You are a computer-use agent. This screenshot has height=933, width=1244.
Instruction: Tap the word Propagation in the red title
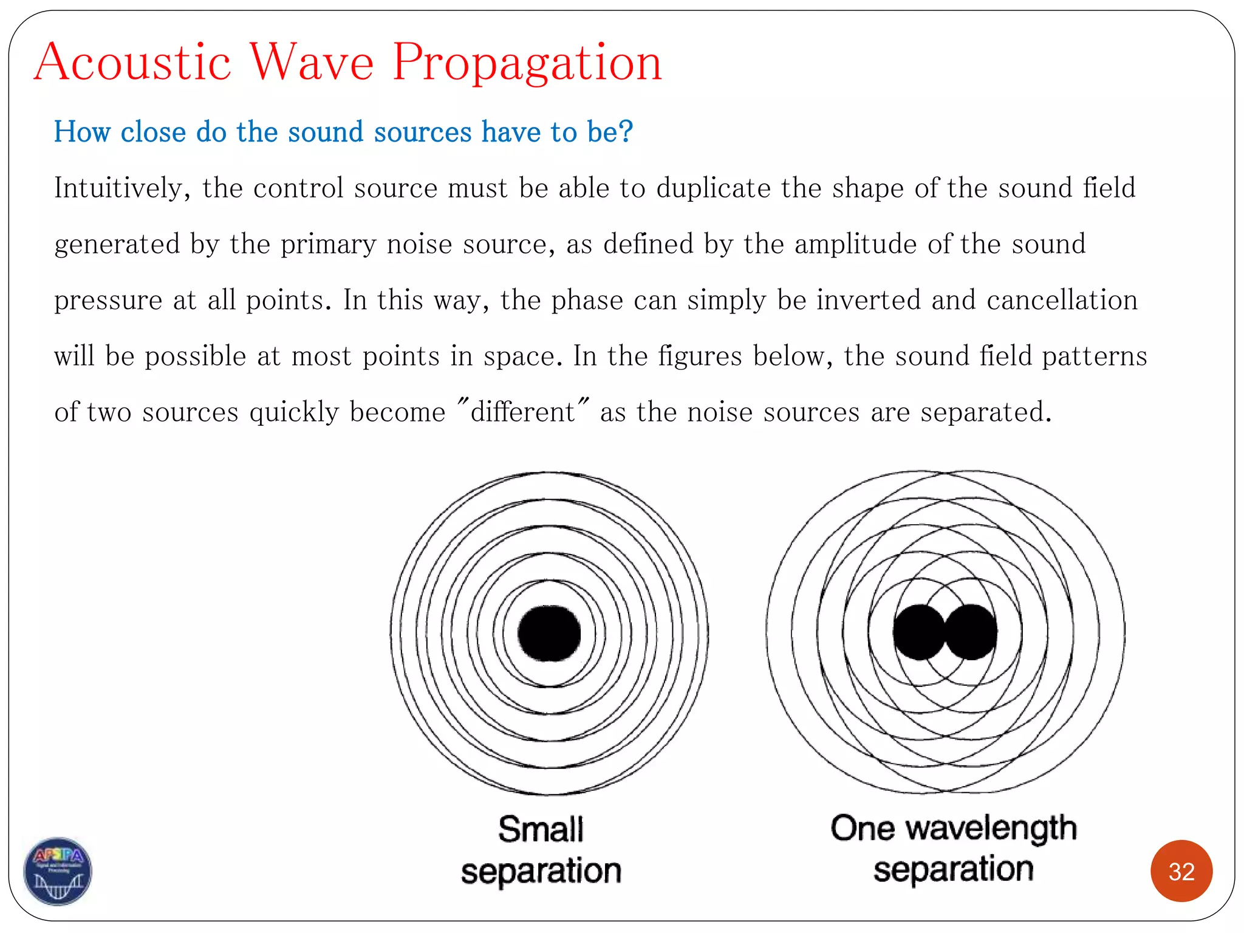[527, 63]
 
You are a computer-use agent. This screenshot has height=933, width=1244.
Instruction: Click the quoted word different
[522, 412]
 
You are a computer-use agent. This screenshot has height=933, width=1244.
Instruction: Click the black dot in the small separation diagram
[549, 633]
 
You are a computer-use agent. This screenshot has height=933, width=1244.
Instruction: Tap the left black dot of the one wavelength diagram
[918, 632]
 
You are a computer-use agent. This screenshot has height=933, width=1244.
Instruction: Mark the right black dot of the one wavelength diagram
[972, 632]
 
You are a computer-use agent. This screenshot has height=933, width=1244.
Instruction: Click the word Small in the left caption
[541, 830]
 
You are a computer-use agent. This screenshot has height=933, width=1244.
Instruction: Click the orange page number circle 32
[1181, 872]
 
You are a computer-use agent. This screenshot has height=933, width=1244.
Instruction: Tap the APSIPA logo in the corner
[58, 871]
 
